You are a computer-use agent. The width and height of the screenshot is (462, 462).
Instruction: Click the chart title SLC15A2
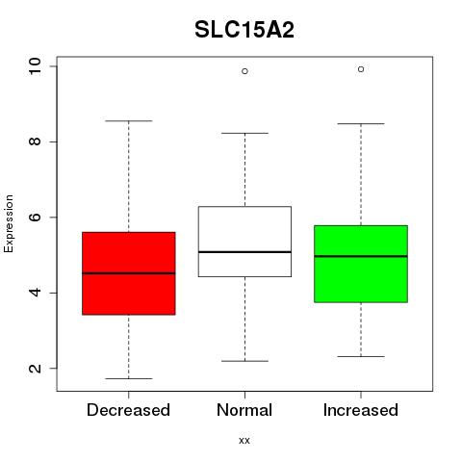click(x=244, y=30)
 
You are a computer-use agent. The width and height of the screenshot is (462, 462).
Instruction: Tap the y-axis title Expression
click(x=9, y=223)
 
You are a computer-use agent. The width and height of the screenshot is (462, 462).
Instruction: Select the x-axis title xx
click(x=244, y=440)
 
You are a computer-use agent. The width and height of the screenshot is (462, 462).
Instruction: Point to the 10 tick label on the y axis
click(x=35, y=66)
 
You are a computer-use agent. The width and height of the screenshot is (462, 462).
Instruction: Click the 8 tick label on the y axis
click(x=35, y=141)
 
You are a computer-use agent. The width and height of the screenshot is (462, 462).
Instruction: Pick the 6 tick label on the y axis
click(x=35, y=217)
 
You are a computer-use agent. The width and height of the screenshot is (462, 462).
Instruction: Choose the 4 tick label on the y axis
click(x=35, y=293)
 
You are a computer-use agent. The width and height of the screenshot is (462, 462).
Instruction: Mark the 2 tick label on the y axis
click(x=35, y=368)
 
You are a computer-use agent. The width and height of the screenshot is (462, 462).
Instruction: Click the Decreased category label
click(x=128, y=410)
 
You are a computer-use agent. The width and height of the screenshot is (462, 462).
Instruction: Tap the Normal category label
click(x=244, y=410)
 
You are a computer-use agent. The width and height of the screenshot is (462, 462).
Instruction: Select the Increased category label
click(x=361, y=410)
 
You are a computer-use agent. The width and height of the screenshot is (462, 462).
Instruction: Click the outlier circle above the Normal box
click(x=244, y=71)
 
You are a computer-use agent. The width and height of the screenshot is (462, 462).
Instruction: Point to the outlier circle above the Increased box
click(x=361, y=69)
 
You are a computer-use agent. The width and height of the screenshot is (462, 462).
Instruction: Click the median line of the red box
click(x=129, y=273)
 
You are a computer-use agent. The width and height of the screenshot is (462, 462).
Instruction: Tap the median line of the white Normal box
click(x=244, y=252)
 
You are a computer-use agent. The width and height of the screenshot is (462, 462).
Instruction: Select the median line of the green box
click(x=361, y=256)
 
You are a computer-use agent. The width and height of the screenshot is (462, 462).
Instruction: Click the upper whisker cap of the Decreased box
click(x=129, y=121)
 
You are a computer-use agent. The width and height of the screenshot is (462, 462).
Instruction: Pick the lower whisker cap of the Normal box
click(x=244, y=361)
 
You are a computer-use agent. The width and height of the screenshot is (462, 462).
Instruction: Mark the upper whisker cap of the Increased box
click(x=361, y=123)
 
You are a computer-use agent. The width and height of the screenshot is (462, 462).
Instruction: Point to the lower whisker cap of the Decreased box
click(x=129, y=378)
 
